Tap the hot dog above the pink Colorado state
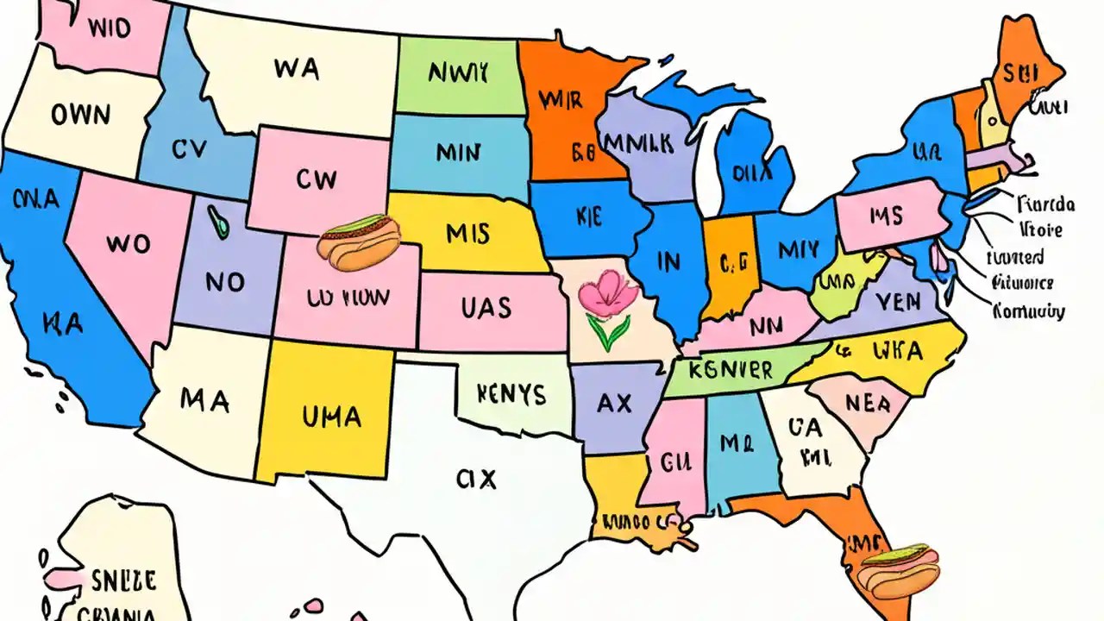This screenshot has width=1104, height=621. click(359, 239)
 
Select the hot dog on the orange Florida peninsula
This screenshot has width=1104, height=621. click(900, 572)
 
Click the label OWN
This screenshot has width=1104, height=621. click(80, 115)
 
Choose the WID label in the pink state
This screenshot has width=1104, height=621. click(109, 28)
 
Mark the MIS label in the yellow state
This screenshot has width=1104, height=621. click(468, 233)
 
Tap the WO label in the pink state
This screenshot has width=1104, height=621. click(128, 244)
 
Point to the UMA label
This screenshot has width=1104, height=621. click(331, 417)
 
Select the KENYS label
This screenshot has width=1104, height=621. click(511, 394)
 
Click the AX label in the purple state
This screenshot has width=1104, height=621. click(614, 402)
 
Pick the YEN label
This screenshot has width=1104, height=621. click(897, 302)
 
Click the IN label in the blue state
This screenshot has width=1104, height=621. click(668, 261)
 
